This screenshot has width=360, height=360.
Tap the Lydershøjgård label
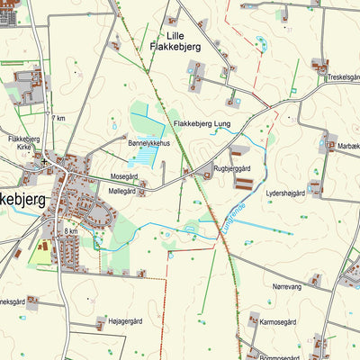(x=285, y=193)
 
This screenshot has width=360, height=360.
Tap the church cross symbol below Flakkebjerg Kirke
(x=42, y=160)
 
